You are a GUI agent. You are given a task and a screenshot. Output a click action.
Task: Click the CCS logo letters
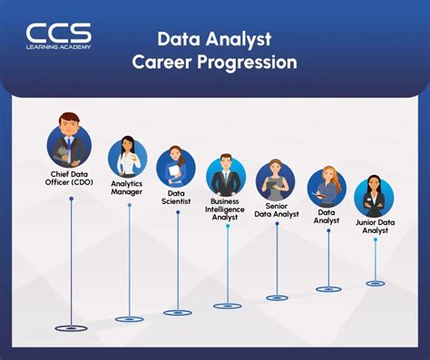click(x=58, y=34)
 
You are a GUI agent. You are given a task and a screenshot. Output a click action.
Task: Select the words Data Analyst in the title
click(x=214, y=39)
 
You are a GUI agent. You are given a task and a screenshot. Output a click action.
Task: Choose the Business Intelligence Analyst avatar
click(x=226, y=175)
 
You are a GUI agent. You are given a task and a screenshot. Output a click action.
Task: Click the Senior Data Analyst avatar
click(x=275, y=179)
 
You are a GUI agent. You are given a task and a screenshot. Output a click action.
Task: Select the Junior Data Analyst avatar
click(x=374, y=196)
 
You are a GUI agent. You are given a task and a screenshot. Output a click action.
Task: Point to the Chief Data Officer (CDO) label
click(x=70, y=178)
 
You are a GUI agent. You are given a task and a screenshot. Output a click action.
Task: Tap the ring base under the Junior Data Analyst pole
click(x=376, y=283)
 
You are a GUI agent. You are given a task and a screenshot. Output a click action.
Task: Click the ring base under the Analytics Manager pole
click(x=130, y=318)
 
